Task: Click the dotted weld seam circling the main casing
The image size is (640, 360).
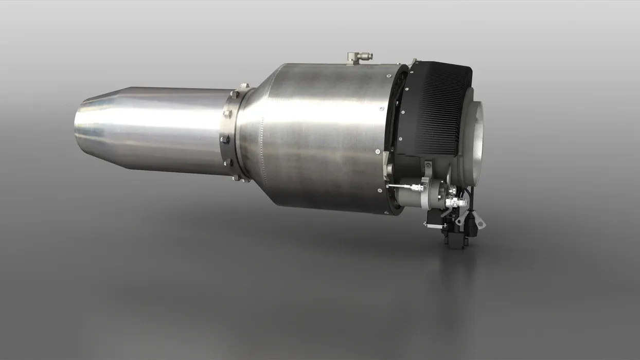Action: tap(262, 154)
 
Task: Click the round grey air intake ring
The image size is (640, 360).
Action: tap(476, 136)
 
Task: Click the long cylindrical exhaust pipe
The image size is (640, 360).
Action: tap(154, 131)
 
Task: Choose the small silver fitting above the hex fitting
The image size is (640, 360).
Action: tap(453, 190)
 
